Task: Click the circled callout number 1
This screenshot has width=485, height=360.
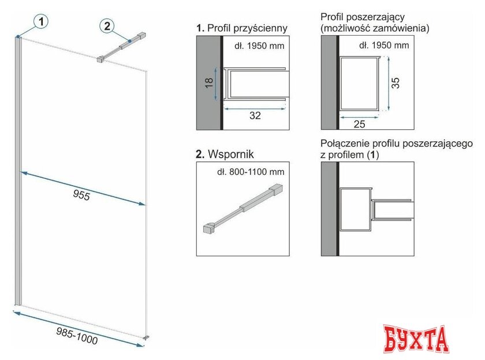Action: (42, 21)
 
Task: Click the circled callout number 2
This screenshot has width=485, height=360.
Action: (107, 25)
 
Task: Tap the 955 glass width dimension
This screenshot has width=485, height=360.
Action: (81, 195)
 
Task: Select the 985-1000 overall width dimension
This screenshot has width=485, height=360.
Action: (77, 336)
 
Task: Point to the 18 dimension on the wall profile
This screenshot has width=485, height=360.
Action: (210, 82)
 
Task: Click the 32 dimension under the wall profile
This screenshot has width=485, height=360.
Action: (255, 115)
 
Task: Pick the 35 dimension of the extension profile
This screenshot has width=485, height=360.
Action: (396, 83)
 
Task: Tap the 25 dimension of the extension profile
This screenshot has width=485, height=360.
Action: (359, 124)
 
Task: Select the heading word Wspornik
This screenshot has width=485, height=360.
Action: (231, 154)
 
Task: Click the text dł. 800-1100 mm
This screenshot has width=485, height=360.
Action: (251, 172)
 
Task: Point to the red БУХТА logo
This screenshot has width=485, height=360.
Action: (416, 339)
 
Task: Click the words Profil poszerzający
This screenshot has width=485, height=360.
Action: (363, 17)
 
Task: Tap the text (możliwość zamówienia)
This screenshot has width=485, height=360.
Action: (375, 28)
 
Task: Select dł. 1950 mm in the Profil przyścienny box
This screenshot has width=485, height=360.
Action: (259, 46)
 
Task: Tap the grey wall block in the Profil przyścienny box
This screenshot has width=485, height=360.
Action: (208, 83)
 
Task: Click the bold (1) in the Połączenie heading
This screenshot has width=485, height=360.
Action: (372, 155)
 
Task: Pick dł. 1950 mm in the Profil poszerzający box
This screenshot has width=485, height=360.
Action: (384, 46)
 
